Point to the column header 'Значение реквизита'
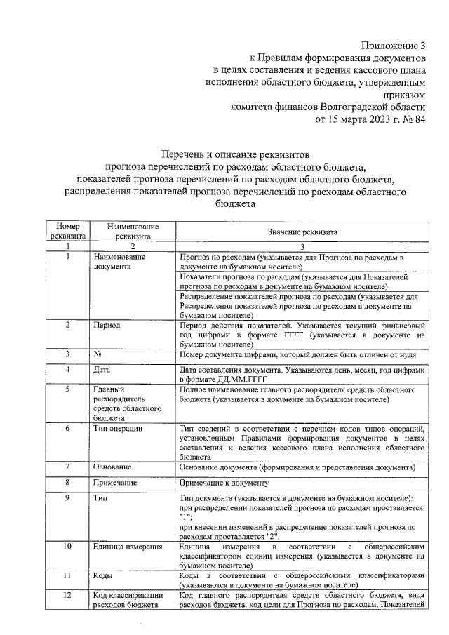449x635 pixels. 302,232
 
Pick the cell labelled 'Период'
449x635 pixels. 105,326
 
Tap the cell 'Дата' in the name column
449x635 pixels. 102,370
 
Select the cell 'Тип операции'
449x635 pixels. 118,428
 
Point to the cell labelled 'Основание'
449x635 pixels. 112,467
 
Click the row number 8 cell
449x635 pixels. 67,483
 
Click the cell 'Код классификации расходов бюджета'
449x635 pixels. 128,601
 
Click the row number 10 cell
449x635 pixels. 67,546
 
